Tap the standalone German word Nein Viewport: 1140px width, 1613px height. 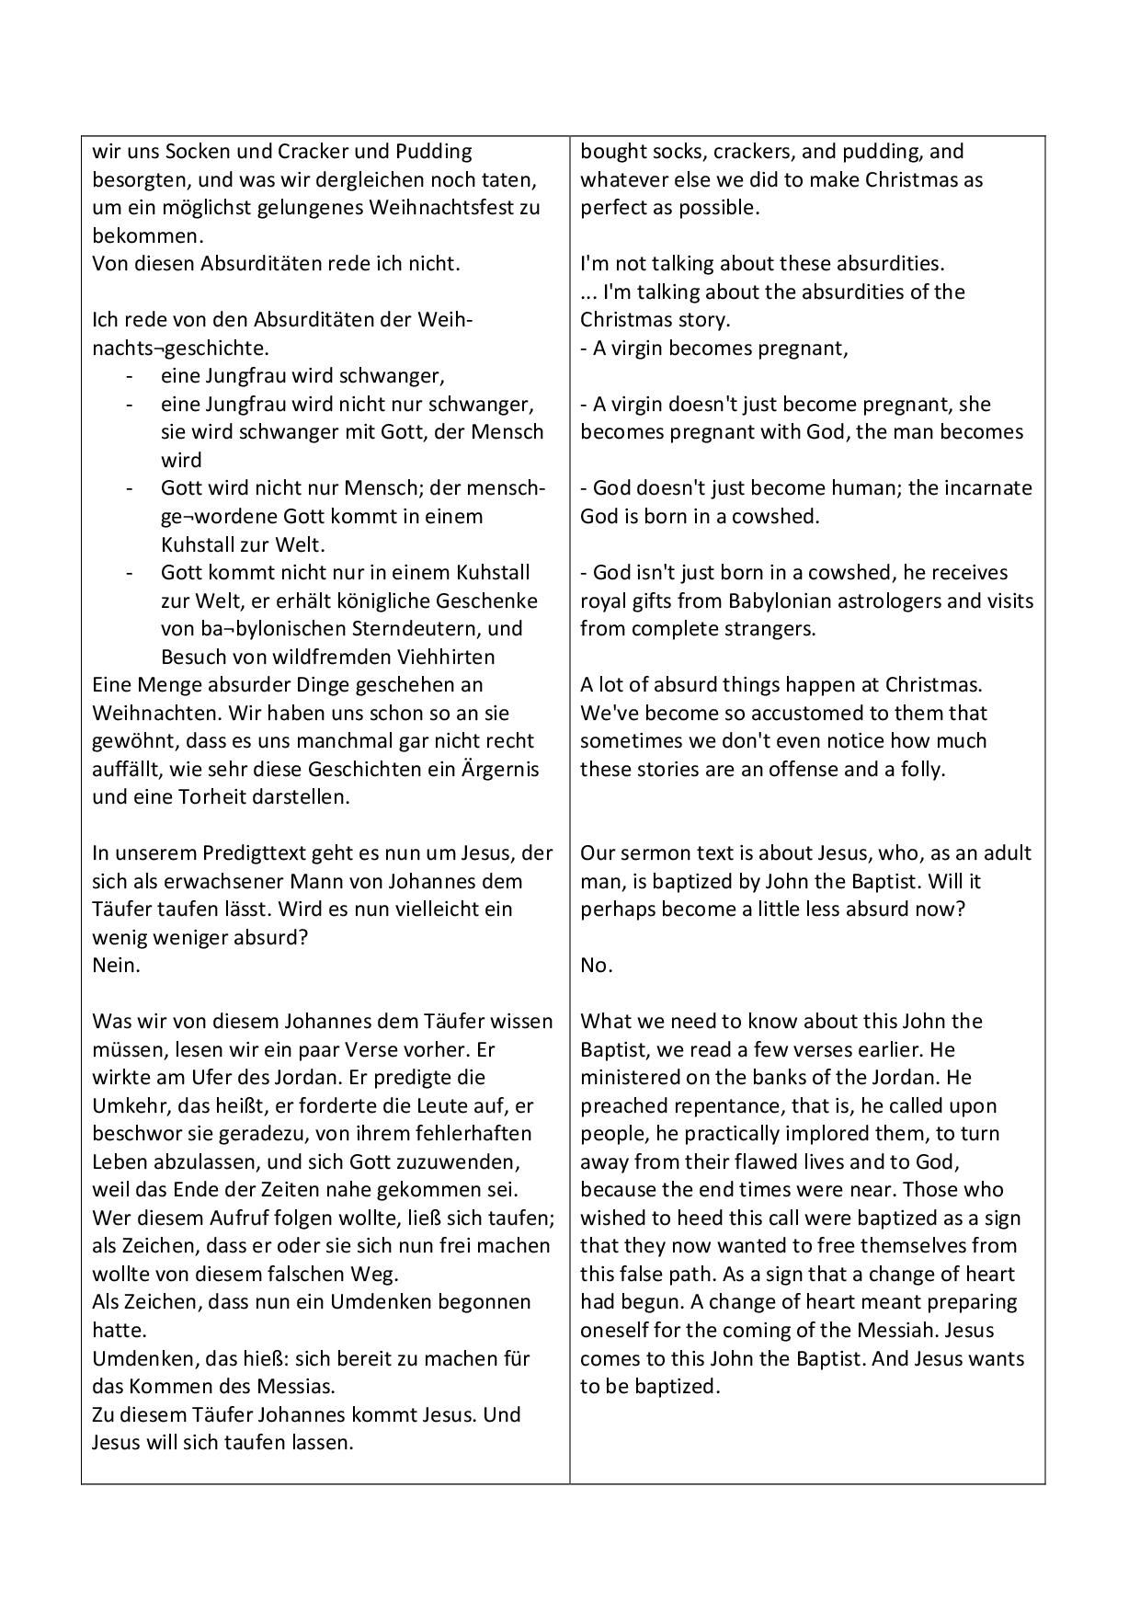coord(116,966)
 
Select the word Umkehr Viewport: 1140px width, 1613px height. coord(125,1106)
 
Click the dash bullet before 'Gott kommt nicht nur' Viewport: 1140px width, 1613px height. coord(130,573)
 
